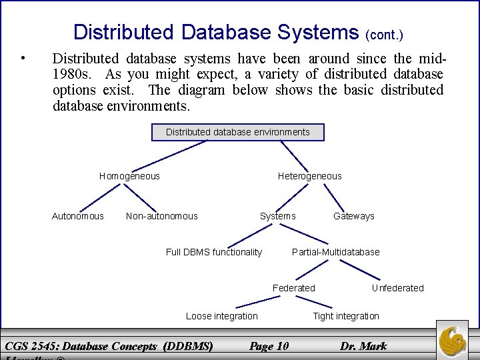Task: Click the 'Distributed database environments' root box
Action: [238, 132]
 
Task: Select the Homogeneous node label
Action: [129, 176]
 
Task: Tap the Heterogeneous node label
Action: [309, 176]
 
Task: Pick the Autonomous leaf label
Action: [78, 216]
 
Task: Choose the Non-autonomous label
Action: [162, 216]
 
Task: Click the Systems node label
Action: [277, 216]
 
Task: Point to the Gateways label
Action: [354, 216]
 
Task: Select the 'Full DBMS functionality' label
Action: [214, 252]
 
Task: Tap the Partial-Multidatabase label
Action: [336, 252]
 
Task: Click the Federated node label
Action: [294, 288]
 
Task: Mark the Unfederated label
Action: [397, 288]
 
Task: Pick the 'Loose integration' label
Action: [221, 316]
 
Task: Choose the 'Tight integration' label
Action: [346, 316]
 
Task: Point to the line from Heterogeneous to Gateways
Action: [333, 195]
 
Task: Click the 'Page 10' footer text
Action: [269, 345]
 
